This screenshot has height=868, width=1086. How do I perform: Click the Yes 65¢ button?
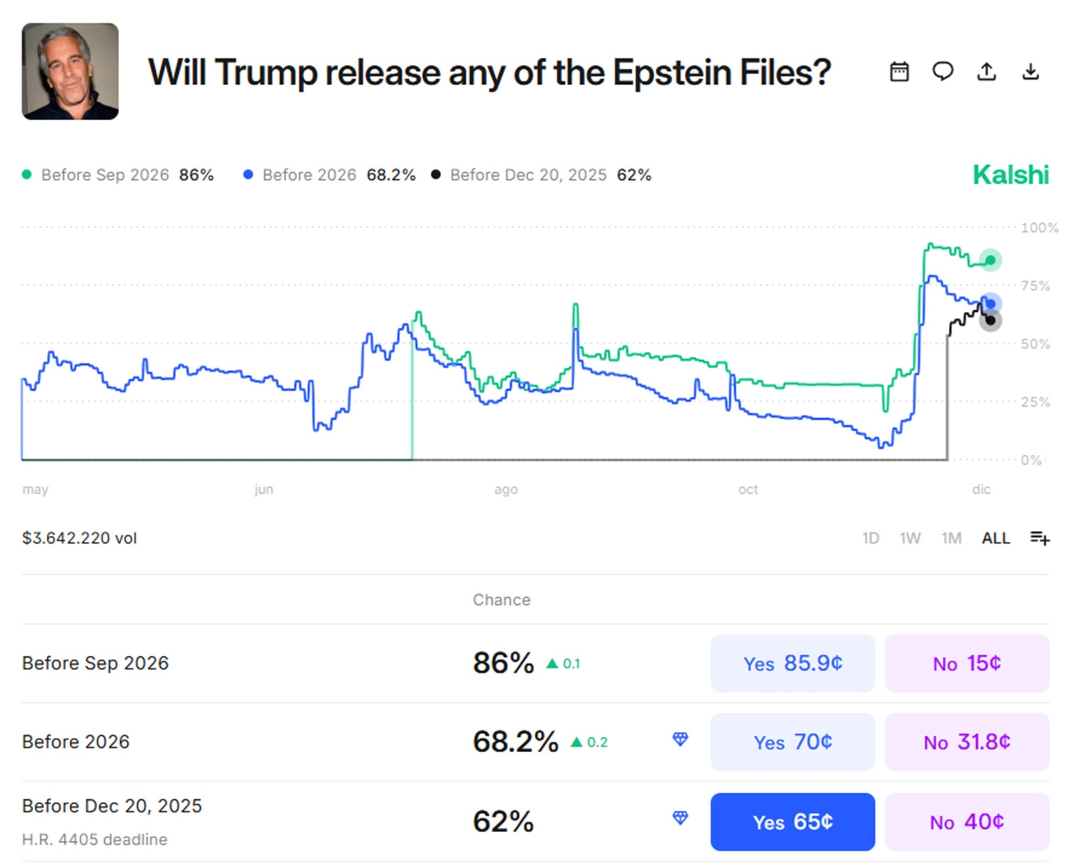point(792,821)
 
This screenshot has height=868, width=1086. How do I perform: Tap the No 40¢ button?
point(967,821)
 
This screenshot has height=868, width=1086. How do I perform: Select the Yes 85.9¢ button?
point(792,663)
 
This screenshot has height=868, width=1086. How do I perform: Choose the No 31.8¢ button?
point(967,742)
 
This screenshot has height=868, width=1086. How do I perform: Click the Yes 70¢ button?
point(792,742)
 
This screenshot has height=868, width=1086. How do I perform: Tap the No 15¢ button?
point(967,663)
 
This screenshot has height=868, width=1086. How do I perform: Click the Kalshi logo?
point(1011,175)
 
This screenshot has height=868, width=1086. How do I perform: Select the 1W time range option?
point(910,538)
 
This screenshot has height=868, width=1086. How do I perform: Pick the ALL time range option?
point(996,538)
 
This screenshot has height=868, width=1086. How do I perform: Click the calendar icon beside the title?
point(899,72)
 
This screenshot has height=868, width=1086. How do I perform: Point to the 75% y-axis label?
point(1036,286)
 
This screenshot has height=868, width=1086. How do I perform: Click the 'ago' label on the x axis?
point(506,490)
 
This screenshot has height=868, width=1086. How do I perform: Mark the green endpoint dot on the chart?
point(990,260)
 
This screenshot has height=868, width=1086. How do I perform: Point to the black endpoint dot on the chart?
point(990,320)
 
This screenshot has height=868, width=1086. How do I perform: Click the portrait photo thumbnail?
point(70,71)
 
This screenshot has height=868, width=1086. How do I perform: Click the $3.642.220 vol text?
point(79,538)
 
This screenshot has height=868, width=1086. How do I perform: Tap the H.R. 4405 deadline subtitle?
point(94,839)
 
